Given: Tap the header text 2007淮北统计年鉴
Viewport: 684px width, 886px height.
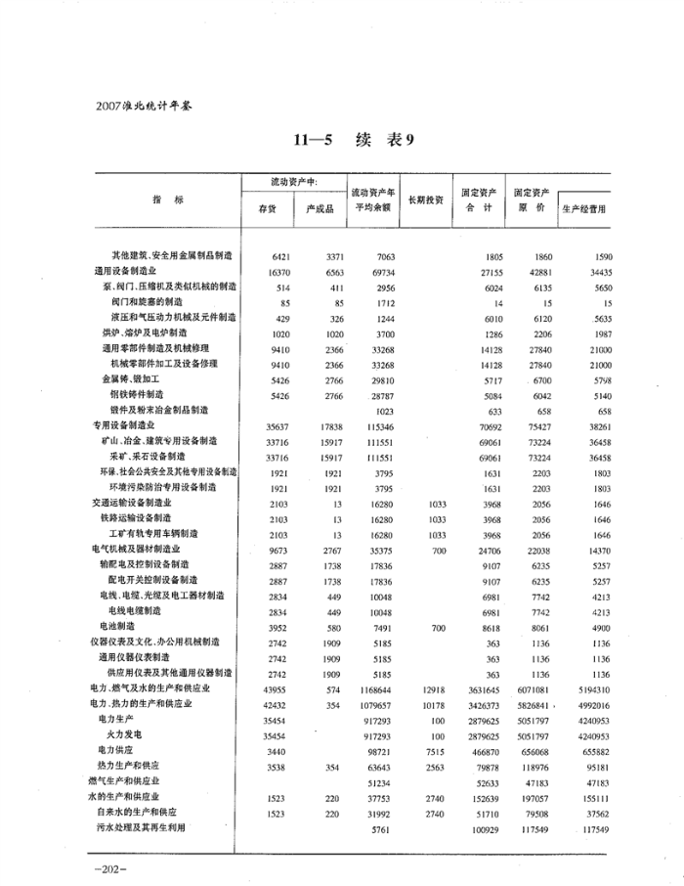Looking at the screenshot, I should [143, 104].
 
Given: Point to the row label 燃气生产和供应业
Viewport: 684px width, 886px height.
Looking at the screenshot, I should [125, 781].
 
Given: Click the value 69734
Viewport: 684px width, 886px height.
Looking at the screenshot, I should [378, 270].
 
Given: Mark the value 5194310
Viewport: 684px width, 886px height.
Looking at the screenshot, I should [588, 689].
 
